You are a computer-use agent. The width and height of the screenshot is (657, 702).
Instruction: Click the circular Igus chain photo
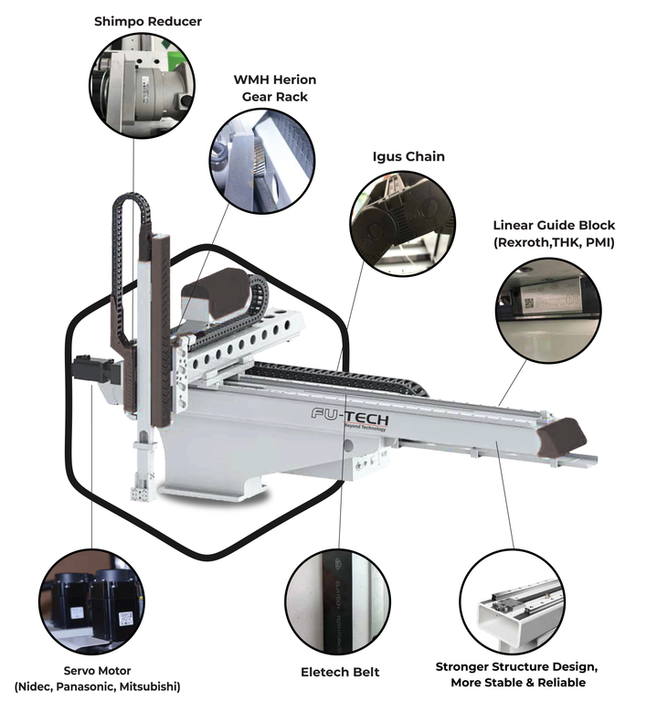tap(402, 224)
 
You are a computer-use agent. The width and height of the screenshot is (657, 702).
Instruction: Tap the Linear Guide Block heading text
tap(554, 225)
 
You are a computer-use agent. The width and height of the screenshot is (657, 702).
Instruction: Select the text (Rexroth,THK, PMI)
tap(554, 243)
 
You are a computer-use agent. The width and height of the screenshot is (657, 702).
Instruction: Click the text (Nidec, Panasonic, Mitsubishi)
tap(97, 686)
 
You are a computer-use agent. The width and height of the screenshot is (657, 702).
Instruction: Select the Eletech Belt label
tap(340, 672)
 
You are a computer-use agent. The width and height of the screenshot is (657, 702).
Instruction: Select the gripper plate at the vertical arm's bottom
tap(141, 494)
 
